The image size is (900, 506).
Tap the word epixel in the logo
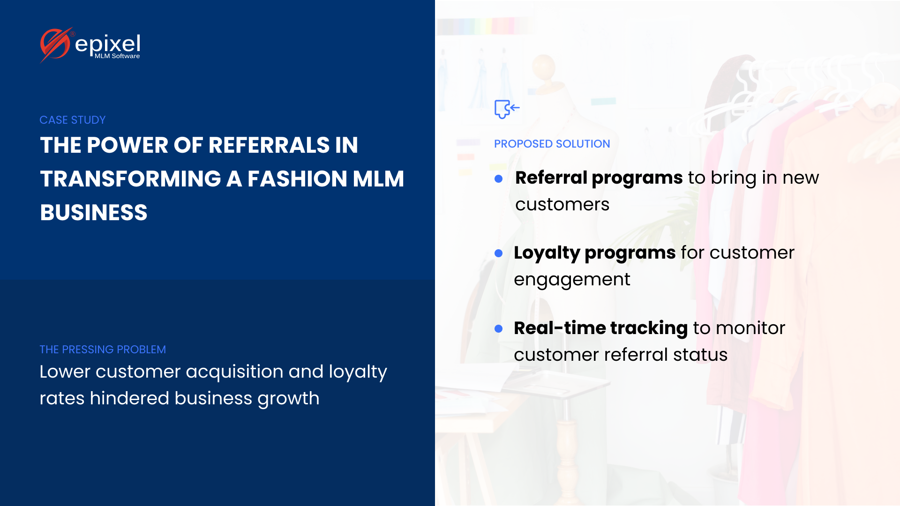[x=107, y=44]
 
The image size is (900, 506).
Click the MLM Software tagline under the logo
[x=117, y=56]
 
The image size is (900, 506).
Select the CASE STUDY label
[x=73, y=120]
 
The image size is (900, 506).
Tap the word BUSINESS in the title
[x=94, y=212]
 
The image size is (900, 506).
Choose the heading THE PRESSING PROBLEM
[x=103, y=350]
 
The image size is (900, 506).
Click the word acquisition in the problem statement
[x=234, y=372]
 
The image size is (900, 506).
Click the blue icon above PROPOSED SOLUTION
[x=507, y=109]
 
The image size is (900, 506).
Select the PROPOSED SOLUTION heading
[x=552, y=144]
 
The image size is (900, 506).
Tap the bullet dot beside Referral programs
[x=499, y=179]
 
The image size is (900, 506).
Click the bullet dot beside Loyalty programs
[x=499, y=253]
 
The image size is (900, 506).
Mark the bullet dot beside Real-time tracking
[x=499, y=329]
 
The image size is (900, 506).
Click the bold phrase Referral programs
[x=599, y=178]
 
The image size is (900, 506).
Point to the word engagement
[x=572, y=280]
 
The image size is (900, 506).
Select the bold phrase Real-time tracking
[x=601, y=328]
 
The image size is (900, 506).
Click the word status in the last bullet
[x=700, y=355]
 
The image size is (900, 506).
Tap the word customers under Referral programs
[x=562, y=205]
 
